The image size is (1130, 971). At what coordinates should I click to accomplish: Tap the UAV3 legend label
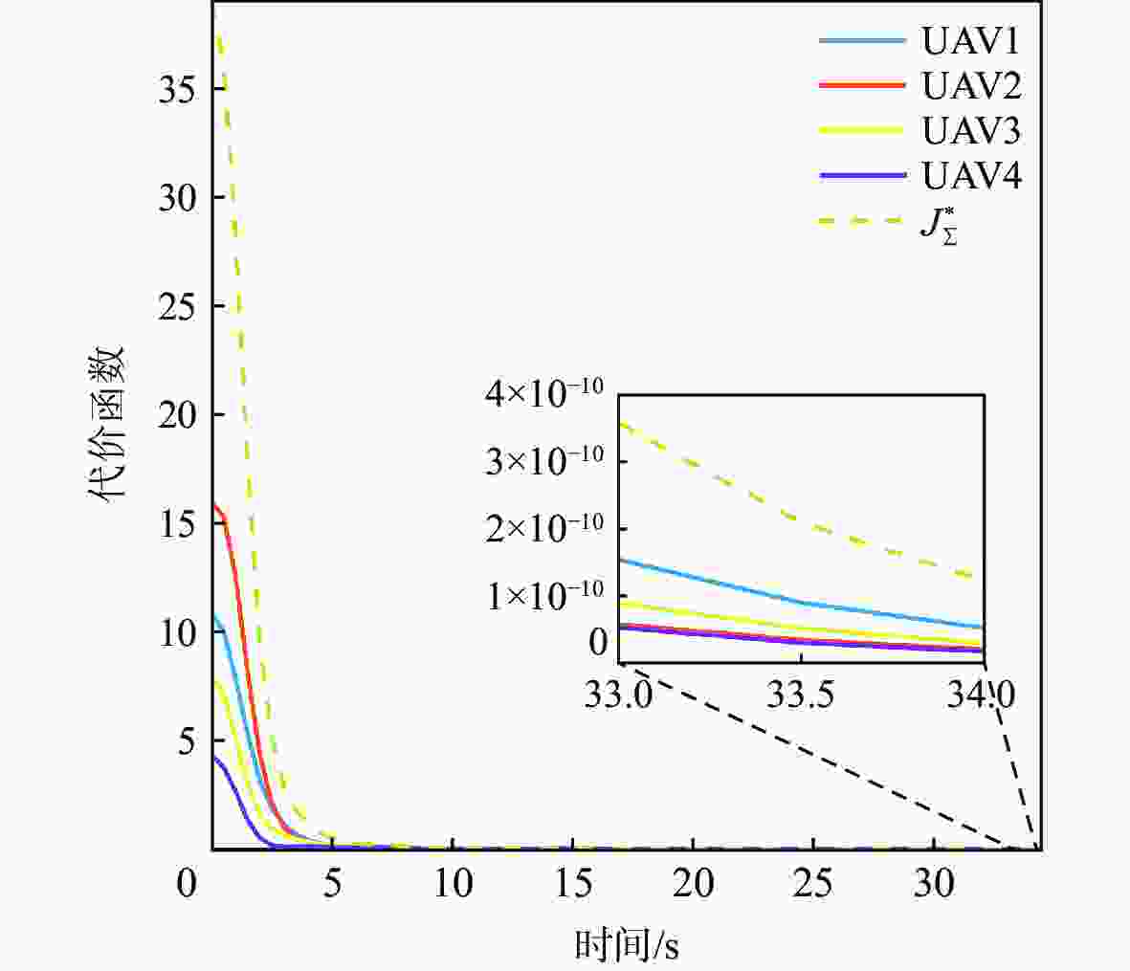970,130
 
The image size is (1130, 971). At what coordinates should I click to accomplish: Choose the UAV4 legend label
970,176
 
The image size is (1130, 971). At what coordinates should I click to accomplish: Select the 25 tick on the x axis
813,885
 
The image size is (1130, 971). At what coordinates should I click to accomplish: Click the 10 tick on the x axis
453,885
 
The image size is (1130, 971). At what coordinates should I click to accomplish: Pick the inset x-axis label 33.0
620,693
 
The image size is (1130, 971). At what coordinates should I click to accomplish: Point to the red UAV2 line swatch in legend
861,85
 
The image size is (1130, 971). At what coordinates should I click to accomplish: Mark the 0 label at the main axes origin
187,885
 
